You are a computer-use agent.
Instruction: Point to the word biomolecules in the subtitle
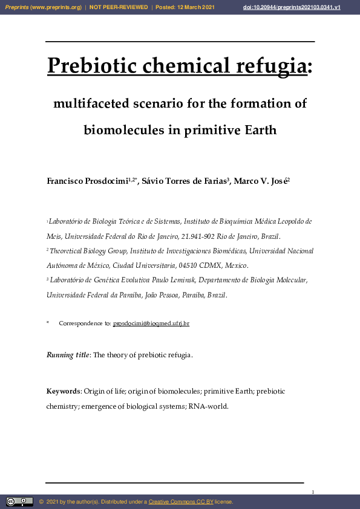pos(123,130)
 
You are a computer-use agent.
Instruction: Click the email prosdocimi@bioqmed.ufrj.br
pos(151,323)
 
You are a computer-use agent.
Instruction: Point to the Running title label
pos(68,355)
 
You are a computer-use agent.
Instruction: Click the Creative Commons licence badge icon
pos(19,502)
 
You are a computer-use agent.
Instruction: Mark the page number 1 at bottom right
pos(313,493)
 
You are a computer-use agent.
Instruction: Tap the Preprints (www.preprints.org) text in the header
pos(43,7)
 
